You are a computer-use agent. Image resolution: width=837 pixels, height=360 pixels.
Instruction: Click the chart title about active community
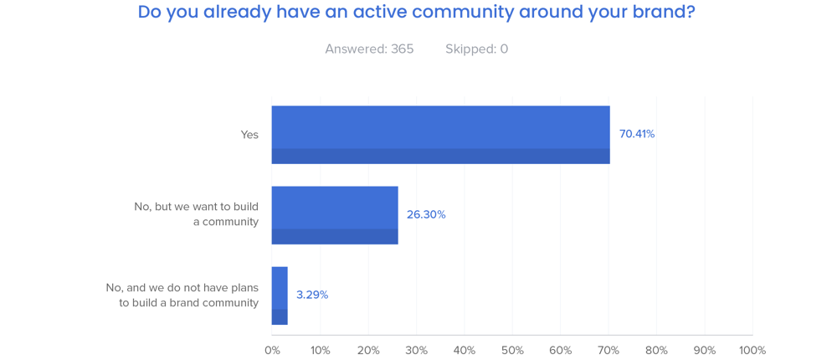(416, 13)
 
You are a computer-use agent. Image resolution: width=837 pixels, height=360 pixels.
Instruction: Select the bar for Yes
(440, 134)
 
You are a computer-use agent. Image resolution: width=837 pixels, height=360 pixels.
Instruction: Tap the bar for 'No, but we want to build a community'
(335, 214)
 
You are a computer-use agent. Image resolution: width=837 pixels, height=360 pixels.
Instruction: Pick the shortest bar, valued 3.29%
(280, 295)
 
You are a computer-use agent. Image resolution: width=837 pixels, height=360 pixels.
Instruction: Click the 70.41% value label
(637, 134)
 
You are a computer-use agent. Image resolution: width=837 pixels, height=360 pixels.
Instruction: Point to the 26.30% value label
(426, 214)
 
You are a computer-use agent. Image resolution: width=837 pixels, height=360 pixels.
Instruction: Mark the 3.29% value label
(312, 295)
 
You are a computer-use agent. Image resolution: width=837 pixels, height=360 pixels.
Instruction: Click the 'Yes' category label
(249, 134)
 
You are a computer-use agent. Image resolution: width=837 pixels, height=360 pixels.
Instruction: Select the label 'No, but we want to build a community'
(197, 214)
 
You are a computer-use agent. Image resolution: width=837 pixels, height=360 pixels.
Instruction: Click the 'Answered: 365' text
(369, 49)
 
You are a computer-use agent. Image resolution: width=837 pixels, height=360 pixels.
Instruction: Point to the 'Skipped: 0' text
(476, 49)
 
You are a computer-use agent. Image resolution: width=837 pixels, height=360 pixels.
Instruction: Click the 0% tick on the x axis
(272, 350)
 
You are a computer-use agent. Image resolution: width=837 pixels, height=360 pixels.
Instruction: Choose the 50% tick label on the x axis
(512, 350)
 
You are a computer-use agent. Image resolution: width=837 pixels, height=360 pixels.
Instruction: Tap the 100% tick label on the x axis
(752, 350)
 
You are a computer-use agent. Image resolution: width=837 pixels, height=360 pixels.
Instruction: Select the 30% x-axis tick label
(416, 350)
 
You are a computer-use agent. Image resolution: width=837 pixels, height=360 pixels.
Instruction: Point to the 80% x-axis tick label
(656, 350)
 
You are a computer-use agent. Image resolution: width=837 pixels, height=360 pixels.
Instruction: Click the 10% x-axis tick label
(320, 350)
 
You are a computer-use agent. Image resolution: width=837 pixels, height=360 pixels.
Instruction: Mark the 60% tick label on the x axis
(560, 350)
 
